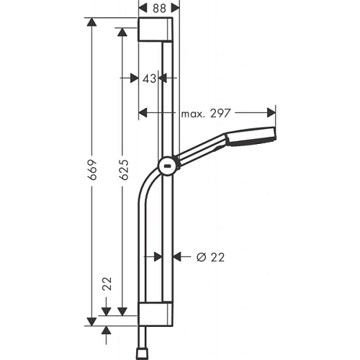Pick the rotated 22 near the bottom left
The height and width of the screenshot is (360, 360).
click(x=107, y=284)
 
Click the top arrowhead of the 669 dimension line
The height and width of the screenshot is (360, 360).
click(x=91, y=24)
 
